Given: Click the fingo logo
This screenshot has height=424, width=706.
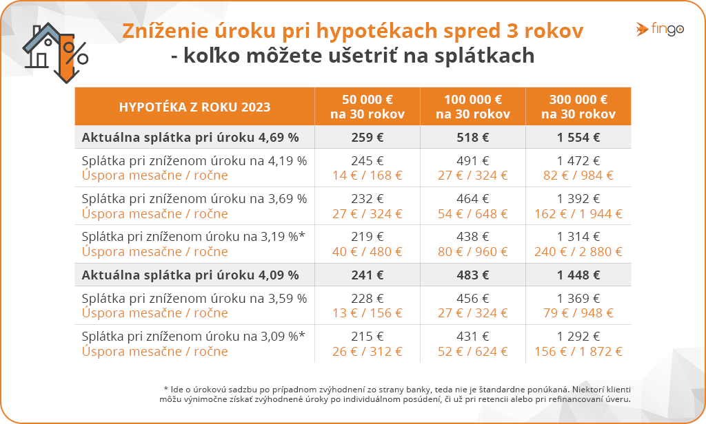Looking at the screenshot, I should point(660,30).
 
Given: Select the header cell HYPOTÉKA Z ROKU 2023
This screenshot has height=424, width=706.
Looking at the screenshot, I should point(194,107).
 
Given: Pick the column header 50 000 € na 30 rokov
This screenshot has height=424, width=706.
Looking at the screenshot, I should point(367,107).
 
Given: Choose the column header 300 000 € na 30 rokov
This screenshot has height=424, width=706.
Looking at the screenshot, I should point(578,107).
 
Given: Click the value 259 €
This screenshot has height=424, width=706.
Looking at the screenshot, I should point(367,137).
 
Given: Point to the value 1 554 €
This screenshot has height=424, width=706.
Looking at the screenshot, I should point(578,137).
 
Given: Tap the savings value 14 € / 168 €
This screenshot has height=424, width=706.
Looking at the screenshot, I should point(367,176).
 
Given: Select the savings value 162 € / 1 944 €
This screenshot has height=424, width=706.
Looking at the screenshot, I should point(578,213).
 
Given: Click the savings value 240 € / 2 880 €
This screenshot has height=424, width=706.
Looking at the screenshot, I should point(578,252).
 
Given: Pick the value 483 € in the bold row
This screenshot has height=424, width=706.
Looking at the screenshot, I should point(472,275).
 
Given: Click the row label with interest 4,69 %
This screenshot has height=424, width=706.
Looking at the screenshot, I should point(190,137).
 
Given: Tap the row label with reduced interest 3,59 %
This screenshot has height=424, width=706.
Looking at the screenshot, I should point(194,299).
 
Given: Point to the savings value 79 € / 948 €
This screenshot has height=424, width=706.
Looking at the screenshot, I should point(578,313).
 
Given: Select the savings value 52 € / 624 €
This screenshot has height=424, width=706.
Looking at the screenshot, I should point(472,352).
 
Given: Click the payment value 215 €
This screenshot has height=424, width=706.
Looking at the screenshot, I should point(367,337).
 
